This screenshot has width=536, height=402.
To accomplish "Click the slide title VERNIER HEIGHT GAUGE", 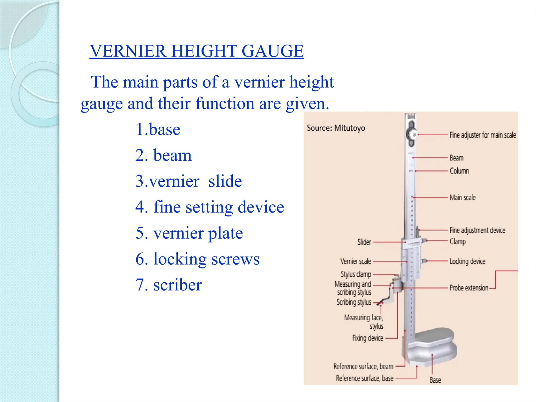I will click(197, 51).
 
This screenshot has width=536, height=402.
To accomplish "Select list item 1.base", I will click(158, 129).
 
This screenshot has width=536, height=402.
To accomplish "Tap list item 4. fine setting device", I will click(210, 207).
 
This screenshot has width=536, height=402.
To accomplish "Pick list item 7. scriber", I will click(169, 285).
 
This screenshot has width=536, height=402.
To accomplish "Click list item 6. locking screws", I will click(197, 259).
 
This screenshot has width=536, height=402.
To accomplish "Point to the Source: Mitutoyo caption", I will click(336, 128).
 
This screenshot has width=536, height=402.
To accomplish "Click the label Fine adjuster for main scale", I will click(483, 135).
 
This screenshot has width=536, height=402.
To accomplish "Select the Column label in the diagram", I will click(459, 171).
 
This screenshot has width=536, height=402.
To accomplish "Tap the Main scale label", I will click(462, 198).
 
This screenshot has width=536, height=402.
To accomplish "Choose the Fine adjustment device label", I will click(477, 230).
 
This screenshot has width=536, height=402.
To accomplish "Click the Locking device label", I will click(467, 261).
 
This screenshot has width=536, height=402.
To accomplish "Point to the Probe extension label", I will click(469, 288).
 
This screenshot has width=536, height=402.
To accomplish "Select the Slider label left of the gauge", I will click(364, 242).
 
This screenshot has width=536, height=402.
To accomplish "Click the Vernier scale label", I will click(356, 261).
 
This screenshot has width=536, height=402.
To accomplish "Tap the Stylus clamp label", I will click(356, 274).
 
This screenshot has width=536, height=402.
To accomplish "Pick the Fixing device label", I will click(367, 338).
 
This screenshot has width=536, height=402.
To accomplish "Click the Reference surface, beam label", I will click(363, 366).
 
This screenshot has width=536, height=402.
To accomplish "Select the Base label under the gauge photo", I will click(435, 380).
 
